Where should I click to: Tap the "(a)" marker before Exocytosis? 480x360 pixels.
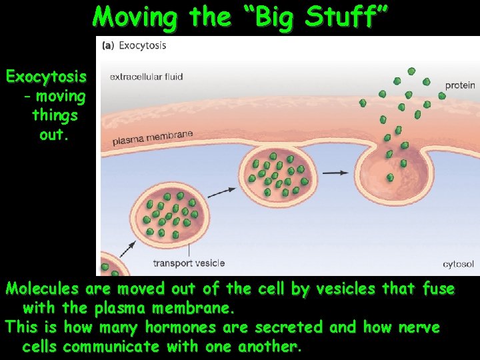[x=107, y=46]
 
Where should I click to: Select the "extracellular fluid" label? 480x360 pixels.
[x=146, y=77]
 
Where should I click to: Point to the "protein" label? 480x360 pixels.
[x=460, y=85]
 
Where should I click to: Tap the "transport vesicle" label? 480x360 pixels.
[x=189, y=263]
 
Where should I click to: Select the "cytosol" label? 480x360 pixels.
[x=459, y=264]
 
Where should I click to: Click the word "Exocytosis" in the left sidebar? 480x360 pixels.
[x=46, y=77]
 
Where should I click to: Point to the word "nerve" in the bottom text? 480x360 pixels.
[x=418, y=328]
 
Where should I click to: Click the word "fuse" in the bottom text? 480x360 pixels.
[x=439, y=289]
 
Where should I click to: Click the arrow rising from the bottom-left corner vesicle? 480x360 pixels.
[x=128, y=249]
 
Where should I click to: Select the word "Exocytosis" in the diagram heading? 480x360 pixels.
[x=143, y=46]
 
